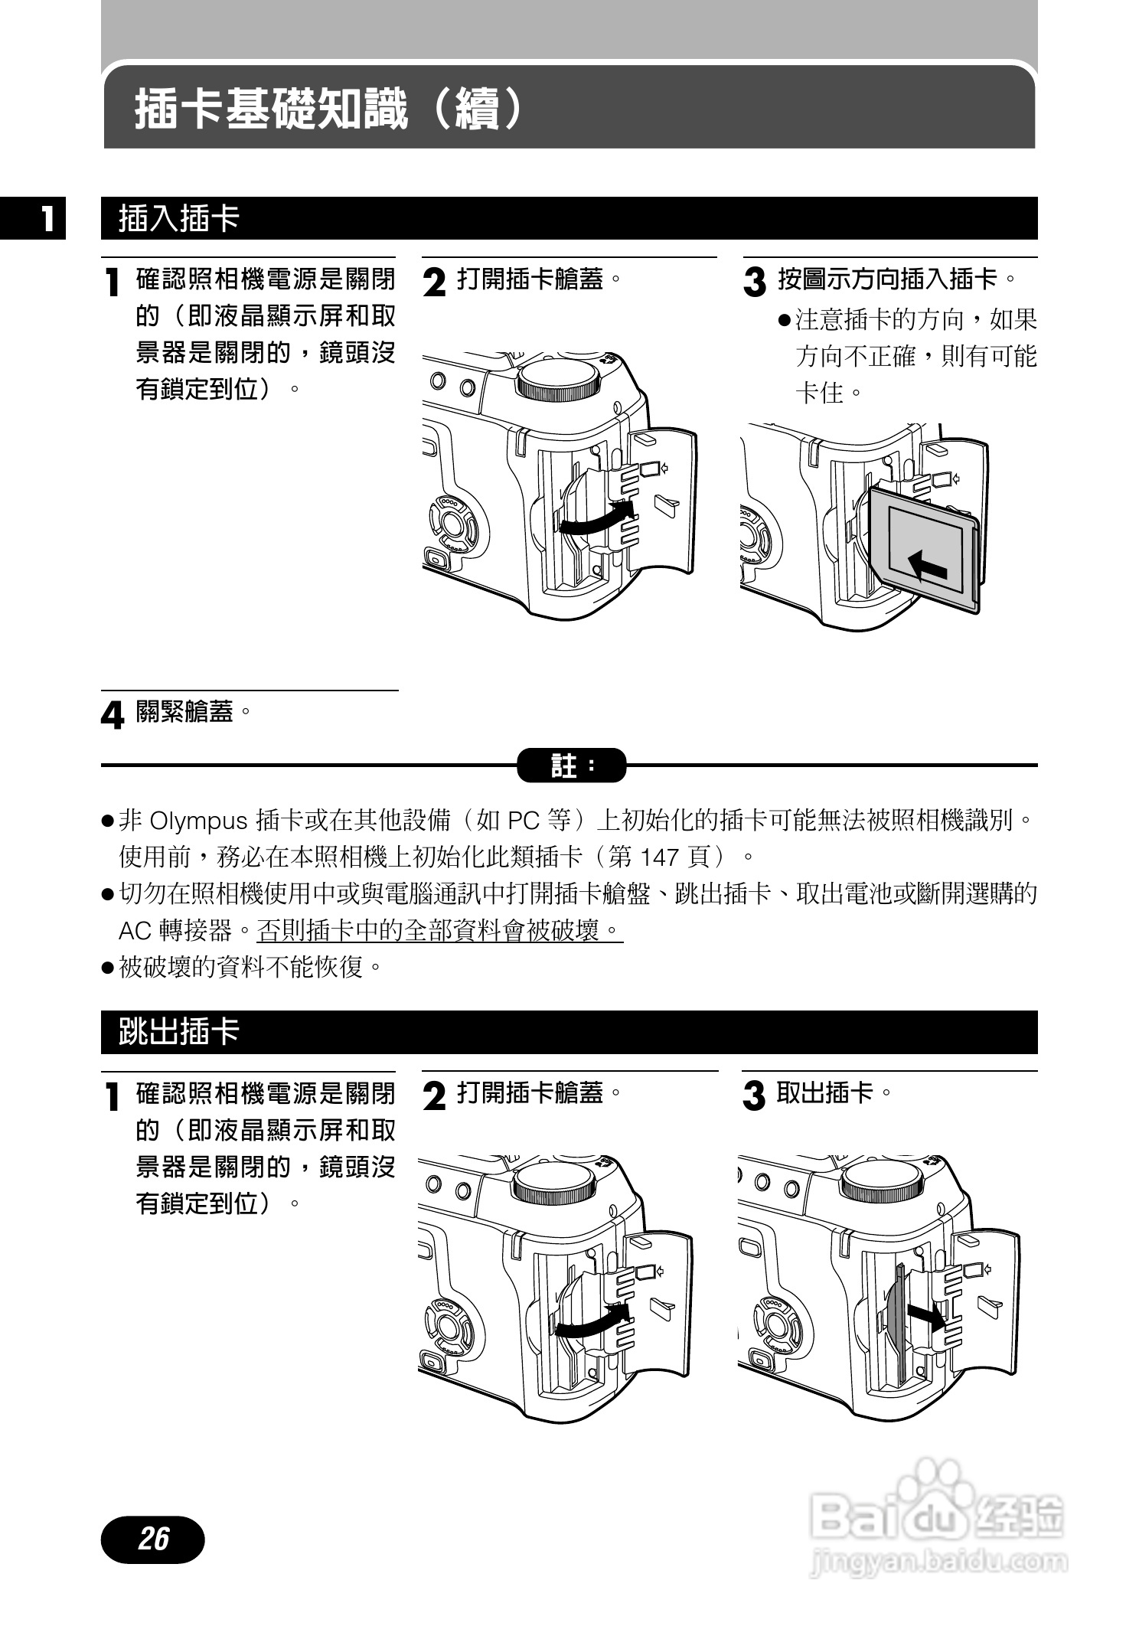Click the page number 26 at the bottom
click(153, 1538)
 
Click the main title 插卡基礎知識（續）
click(330, 109)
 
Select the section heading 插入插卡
click(179, 219)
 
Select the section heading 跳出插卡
click(179, 1032)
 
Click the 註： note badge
click(571, 765)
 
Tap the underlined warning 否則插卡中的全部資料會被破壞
click(439, 931)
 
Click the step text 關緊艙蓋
click(184, 712)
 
